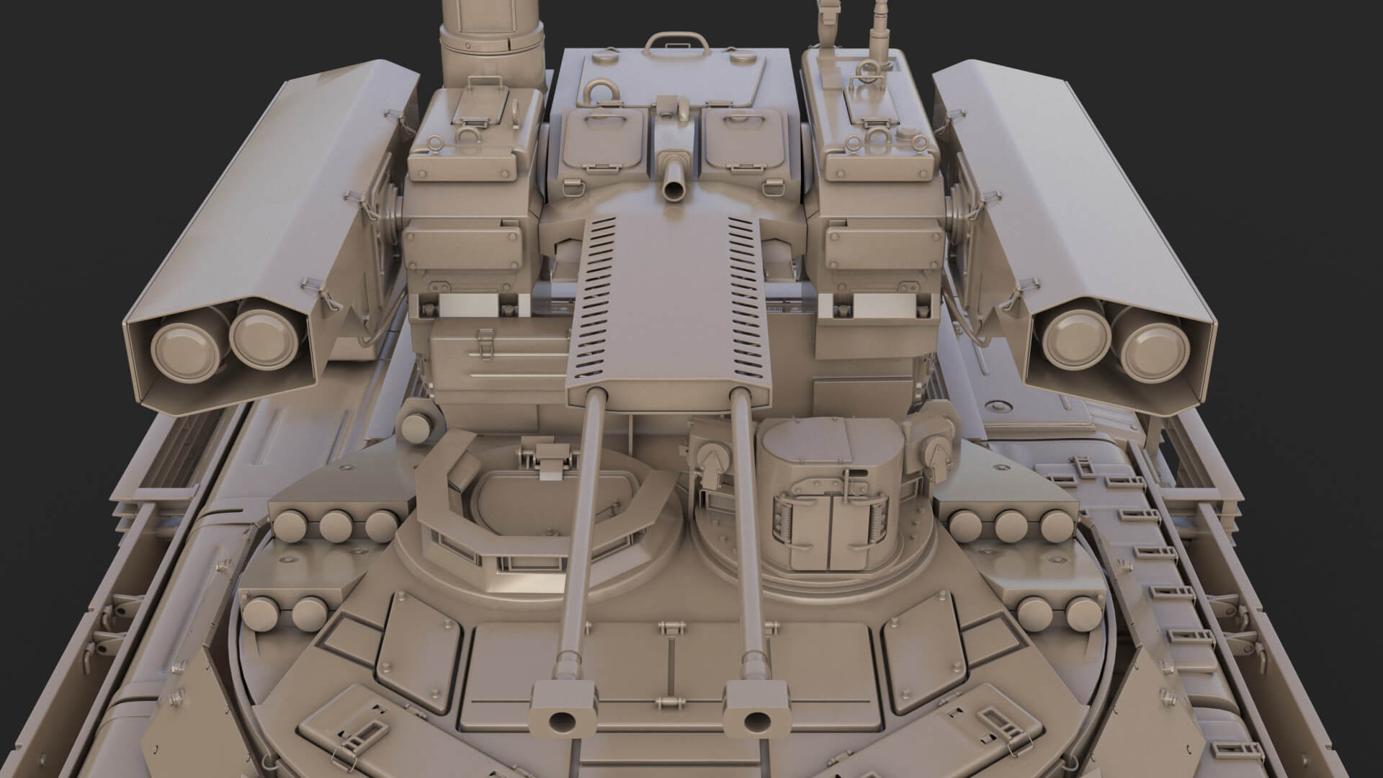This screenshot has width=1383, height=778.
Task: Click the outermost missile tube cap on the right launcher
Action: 1155,352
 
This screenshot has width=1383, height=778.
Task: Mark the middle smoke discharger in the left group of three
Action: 335,525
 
